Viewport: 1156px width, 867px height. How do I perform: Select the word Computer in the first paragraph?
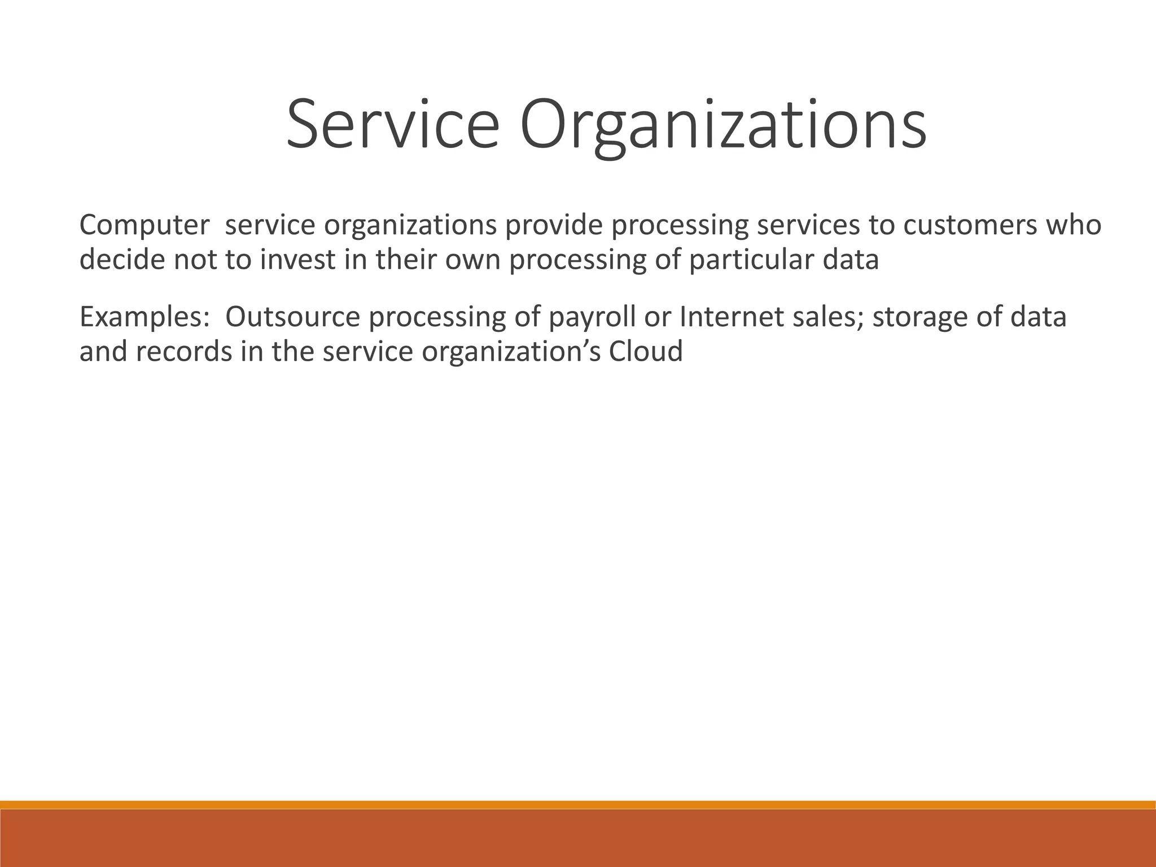click(x=144, y=226)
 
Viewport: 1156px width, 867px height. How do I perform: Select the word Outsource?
click(x=292, y=317)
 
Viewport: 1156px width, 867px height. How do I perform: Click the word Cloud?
click(x=646, y=352)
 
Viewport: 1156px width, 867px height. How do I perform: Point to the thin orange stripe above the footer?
click(x=578, y=805)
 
